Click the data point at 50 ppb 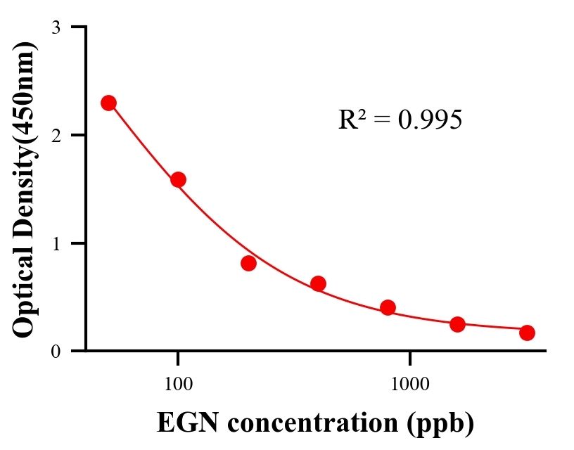[x=108, y=103]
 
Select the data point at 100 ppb [x=178, y=179]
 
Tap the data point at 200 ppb [x=248, y=263]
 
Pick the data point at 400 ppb [x=318, y=283]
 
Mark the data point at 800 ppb [x=388, y=307]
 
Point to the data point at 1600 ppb [x=457, y=324]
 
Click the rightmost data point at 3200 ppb [x=527, y=333]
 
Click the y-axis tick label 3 [x=56, y=27]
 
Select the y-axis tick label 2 [x=56, y=135]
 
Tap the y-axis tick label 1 [x=56, y=243]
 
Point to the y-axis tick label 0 [x=56, y=351]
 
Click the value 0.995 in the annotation [x=430, y=120]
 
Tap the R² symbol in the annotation [x=351, y=120]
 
